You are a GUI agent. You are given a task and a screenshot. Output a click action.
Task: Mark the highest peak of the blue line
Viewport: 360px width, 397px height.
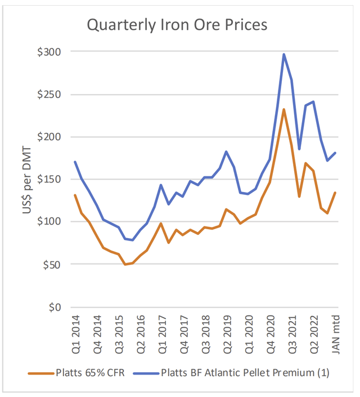pos(284,54)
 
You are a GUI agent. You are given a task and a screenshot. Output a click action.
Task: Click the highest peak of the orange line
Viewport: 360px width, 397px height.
pos(284,109)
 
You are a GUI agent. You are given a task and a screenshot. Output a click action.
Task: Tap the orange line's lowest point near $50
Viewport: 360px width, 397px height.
pos(125,264)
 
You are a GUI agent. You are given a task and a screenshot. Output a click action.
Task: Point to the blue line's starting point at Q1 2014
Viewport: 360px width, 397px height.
pos(75,162)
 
